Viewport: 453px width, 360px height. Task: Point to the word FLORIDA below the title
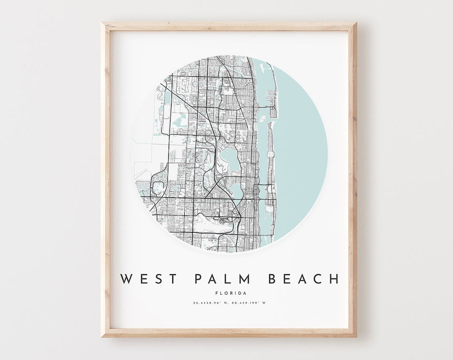point(230,293)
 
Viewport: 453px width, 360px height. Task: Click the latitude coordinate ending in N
point(211,303)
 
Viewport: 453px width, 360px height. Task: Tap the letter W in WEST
point(126,279)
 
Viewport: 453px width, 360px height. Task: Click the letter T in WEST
point(173,279)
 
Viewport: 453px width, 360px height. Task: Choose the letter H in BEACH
point(334,279)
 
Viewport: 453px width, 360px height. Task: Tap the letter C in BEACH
point(318,279)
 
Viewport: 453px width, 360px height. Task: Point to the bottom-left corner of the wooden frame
point(102,336)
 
